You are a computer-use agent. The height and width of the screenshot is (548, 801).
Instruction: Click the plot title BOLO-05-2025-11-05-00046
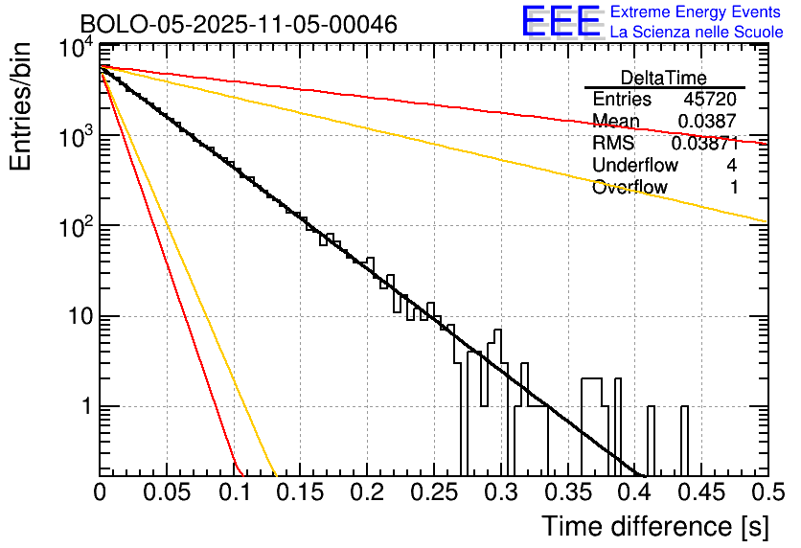[x=239, y=24]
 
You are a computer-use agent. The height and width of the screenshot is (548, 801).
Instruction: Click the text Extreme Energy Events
[x=697, y=12]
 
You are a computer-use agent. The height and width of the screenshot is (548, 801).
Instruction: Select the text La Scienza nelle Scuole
[x=697, y=33]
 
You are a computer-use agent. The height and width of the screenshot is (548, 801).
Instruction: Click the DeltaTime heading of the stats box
[x=664, y=78]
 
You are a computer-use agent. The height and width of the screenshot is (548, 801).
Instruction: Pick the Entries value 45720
[x=710, y=100]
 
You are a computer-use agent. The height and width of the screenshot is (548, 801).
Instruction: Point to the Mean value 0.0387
[x=707, y=121]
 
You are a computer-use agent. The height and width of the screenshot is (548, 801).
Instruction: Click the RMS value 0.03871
[x=704, y=143]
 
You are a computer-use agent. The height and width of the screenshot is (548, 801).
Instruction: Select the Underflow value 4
[x=732, y=165]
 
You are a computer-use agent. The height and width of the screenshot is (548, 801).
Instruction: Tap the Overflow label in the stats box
[x=629, y=187]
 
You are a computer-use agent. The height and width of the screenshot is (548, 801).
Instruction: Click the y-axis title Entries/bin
[x=21, y=108]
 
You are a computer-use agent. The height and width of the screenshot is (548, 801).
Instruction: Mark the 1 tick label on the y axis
[x=84, y=406]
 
